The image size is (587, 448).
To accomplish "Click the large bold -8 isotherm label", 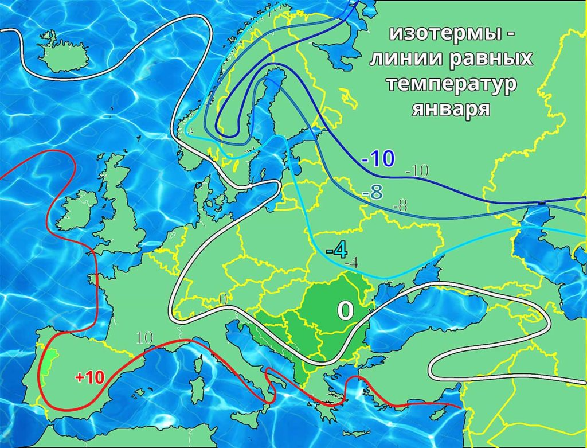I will tap(373, 193).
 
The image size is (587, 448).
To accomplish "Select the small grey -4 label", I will tap(352, 263).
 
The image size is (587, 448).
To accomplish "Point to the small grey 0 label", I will tap(223, 299).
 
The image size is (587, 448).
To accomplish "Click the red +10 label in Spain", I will tap(89, 377).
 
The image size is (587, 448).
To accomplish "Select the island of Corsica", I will tap(202, 365).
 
